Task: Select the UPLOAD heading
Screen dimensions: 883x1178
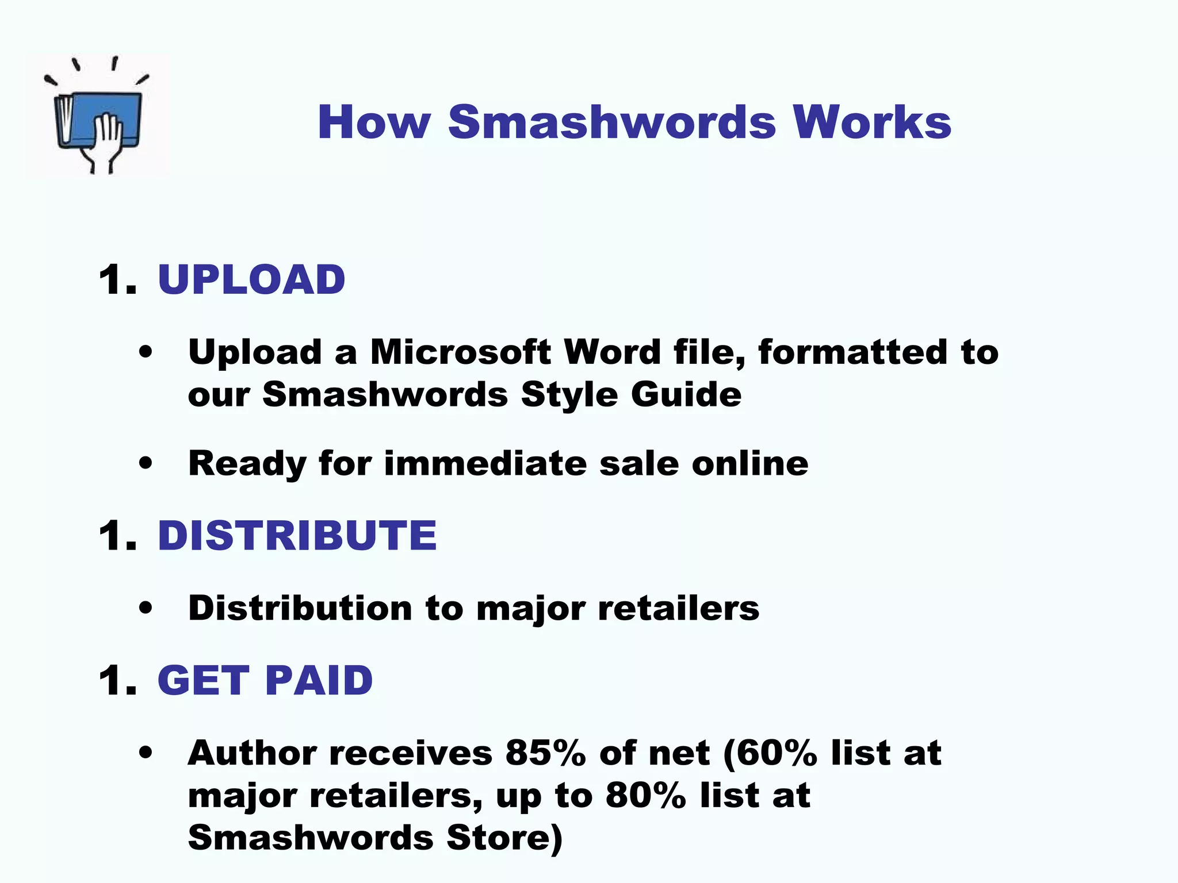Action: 251,280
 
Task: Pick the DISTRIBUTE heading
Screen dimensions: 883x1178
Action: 297,535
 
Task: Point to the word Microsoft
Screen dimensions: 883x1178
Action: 460,352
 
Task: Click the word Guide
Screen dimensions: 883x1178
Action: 686,394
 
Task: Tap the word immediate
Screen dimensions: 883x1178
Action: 485,463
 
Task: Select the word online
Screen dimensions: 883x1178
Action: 749,463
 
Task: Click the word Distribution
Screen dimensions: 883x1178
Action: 300,608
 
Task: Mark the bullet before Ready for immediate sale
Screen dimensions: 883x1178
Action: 146,463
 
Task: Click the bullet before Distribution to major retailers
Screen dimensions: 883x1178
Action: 146,608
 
